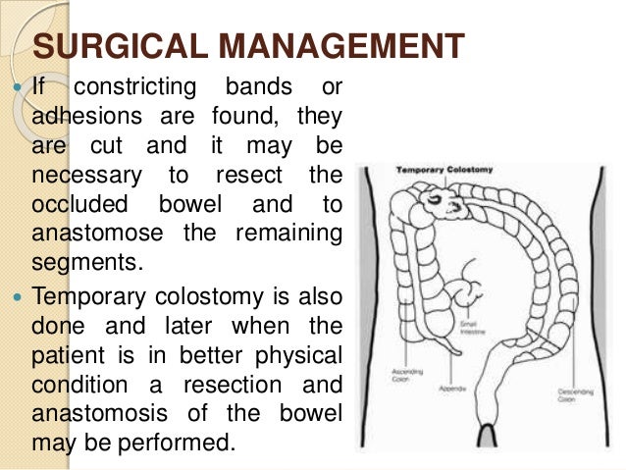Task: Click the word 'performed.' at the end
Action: click(x=188, y=440)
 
